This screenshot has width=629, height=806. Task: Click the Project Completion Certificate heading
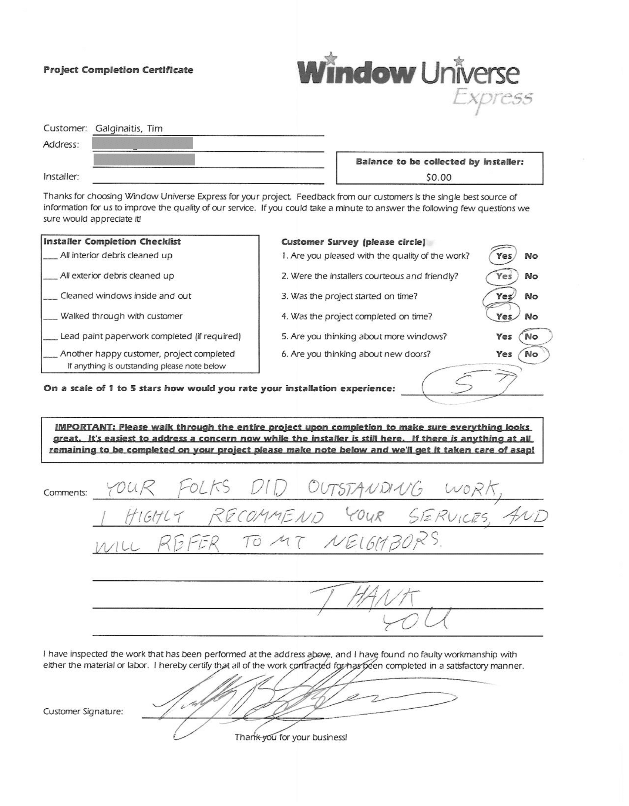click(x=118, y=70)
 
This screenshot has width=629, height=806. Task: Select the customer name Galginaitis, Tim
click(x=129, y=128)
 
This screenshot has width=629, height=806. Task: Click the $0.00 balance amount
click(x=439, y=177)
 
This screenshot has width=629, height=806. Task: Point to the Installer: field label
click(x=61, y=177)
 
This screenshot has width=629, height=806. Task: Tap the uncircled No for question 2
click(x=531, y=276)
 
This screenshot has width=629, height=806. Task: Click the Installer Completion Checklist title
click(x=112, y=242)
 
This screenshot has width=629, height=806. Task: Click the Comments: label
click(x=65, y=493)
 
